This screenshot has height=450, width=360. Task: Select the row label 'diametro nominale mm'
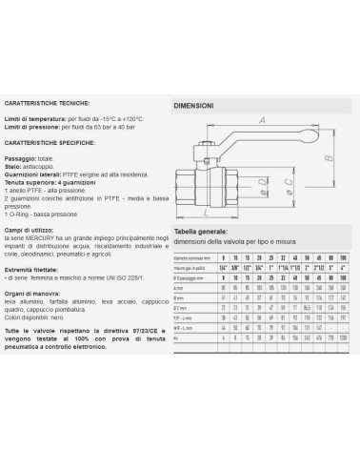190,257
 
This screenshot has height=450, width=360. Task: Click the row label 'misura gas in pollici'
190,269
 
